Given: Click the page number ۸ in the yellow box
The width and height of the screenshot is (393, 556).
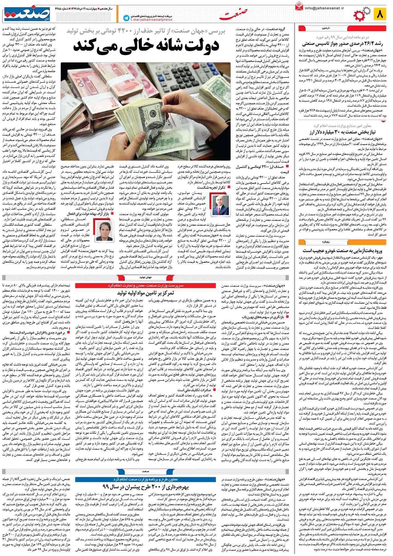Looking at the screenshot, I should [380, 14].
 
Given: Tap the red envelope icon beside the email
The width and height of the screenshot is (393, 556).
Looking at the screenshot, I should [299, 7].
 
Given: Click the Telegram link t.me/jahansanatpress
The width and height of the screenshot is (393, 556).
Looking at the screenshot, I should [151, 20].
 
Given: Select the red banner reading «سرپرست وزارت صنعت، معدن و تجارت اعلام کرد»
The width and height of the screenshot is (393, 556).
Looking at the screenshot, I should [146, 285].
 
